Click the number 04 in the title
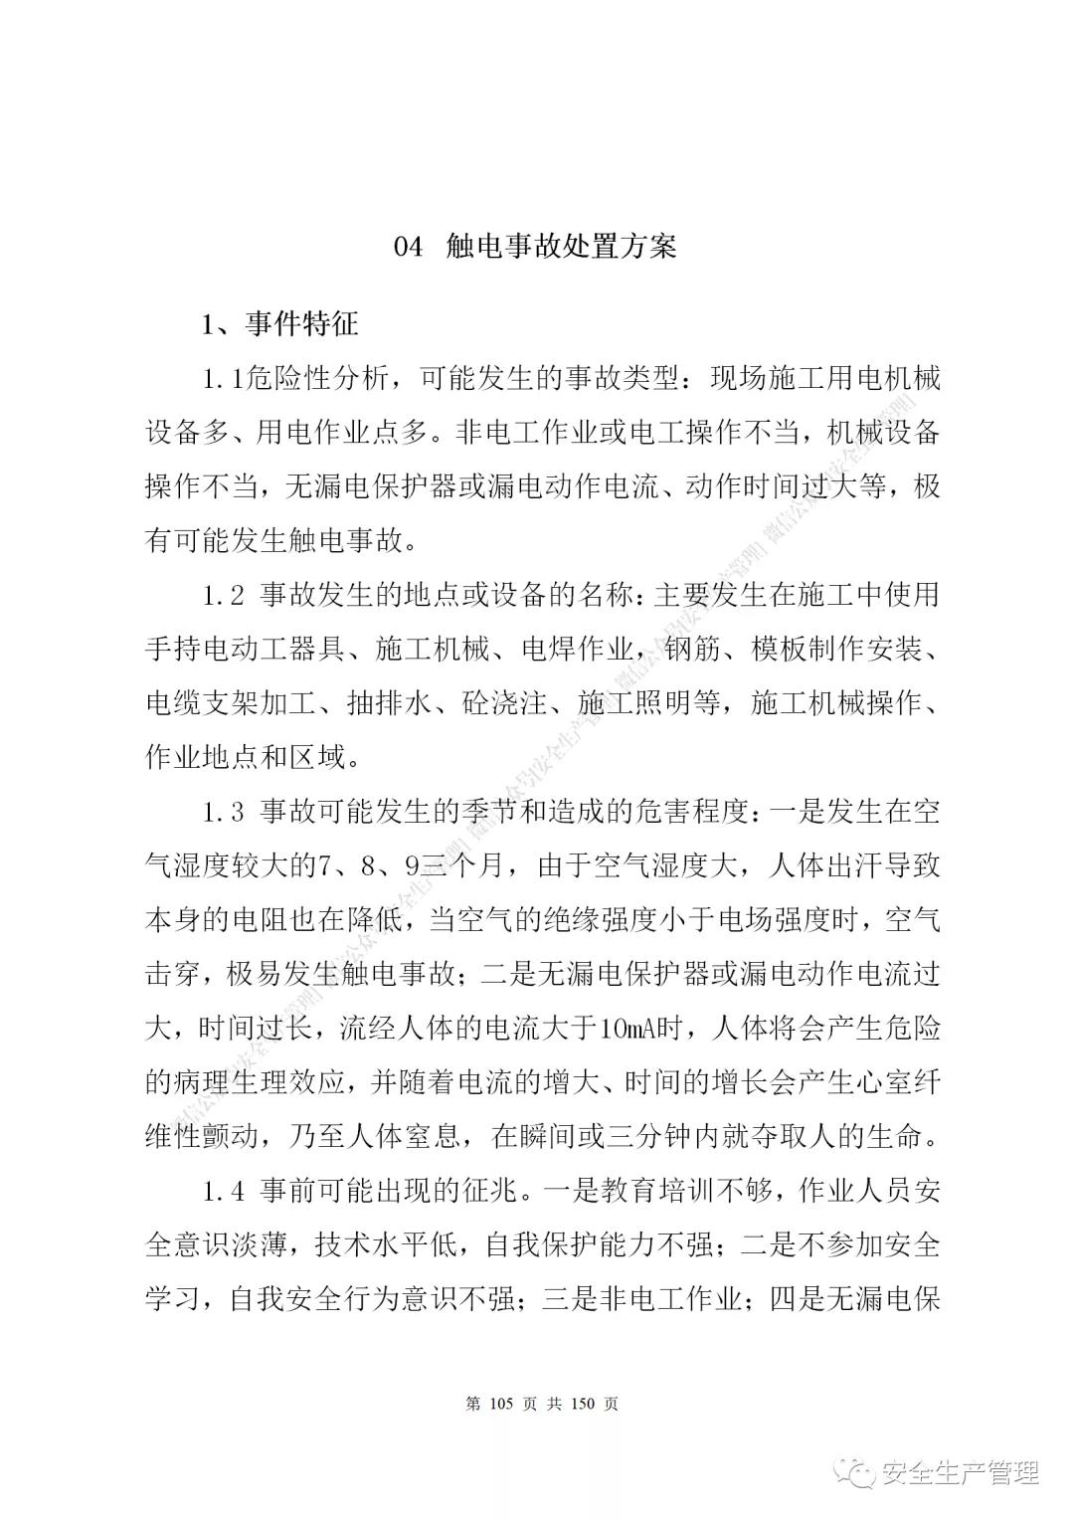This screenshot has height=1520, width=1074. [x=409, y=247]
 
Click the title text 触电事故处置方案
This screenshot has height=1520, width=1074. [x=562, y=247]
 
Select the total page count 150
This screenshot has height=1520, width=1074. [x=583, y=1404]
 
